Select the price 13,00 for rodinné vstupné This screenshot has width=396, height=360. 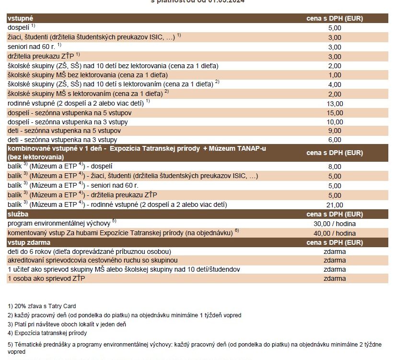point(334,103)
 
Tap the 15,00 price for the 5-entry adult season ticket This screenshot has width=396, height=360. point(334,113)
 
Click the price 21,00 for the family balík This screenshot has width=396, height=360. point(334,205)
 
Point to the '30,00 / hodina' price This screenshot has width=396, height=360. point(334,224)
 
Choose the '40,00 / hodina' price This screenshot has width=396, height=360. point(334,233)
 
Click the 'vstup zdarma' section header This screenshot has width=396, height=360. point(29,242)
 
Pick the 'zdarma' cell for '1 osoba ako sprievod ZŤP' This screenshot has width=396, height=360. point(334,278)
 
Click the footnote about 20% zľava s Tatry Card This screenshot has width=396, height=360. point(42,306)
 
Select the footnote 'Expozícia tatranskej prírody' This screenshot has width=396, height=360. point(47,333)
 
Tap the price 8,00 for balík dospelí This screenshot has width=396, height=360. point(334,167)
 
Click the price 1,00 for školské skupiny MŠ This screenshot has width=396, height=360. point(334,75)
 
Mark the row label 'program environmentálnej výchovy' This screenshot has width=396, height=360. point(60,224)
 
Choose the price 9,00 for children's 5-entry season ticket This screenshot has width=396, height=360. point(334,131)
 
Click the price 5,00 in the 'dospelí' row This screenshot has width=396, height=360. point(334,28)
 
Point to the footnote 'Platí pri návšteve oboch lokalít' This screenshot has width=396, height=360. point(67,324)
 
